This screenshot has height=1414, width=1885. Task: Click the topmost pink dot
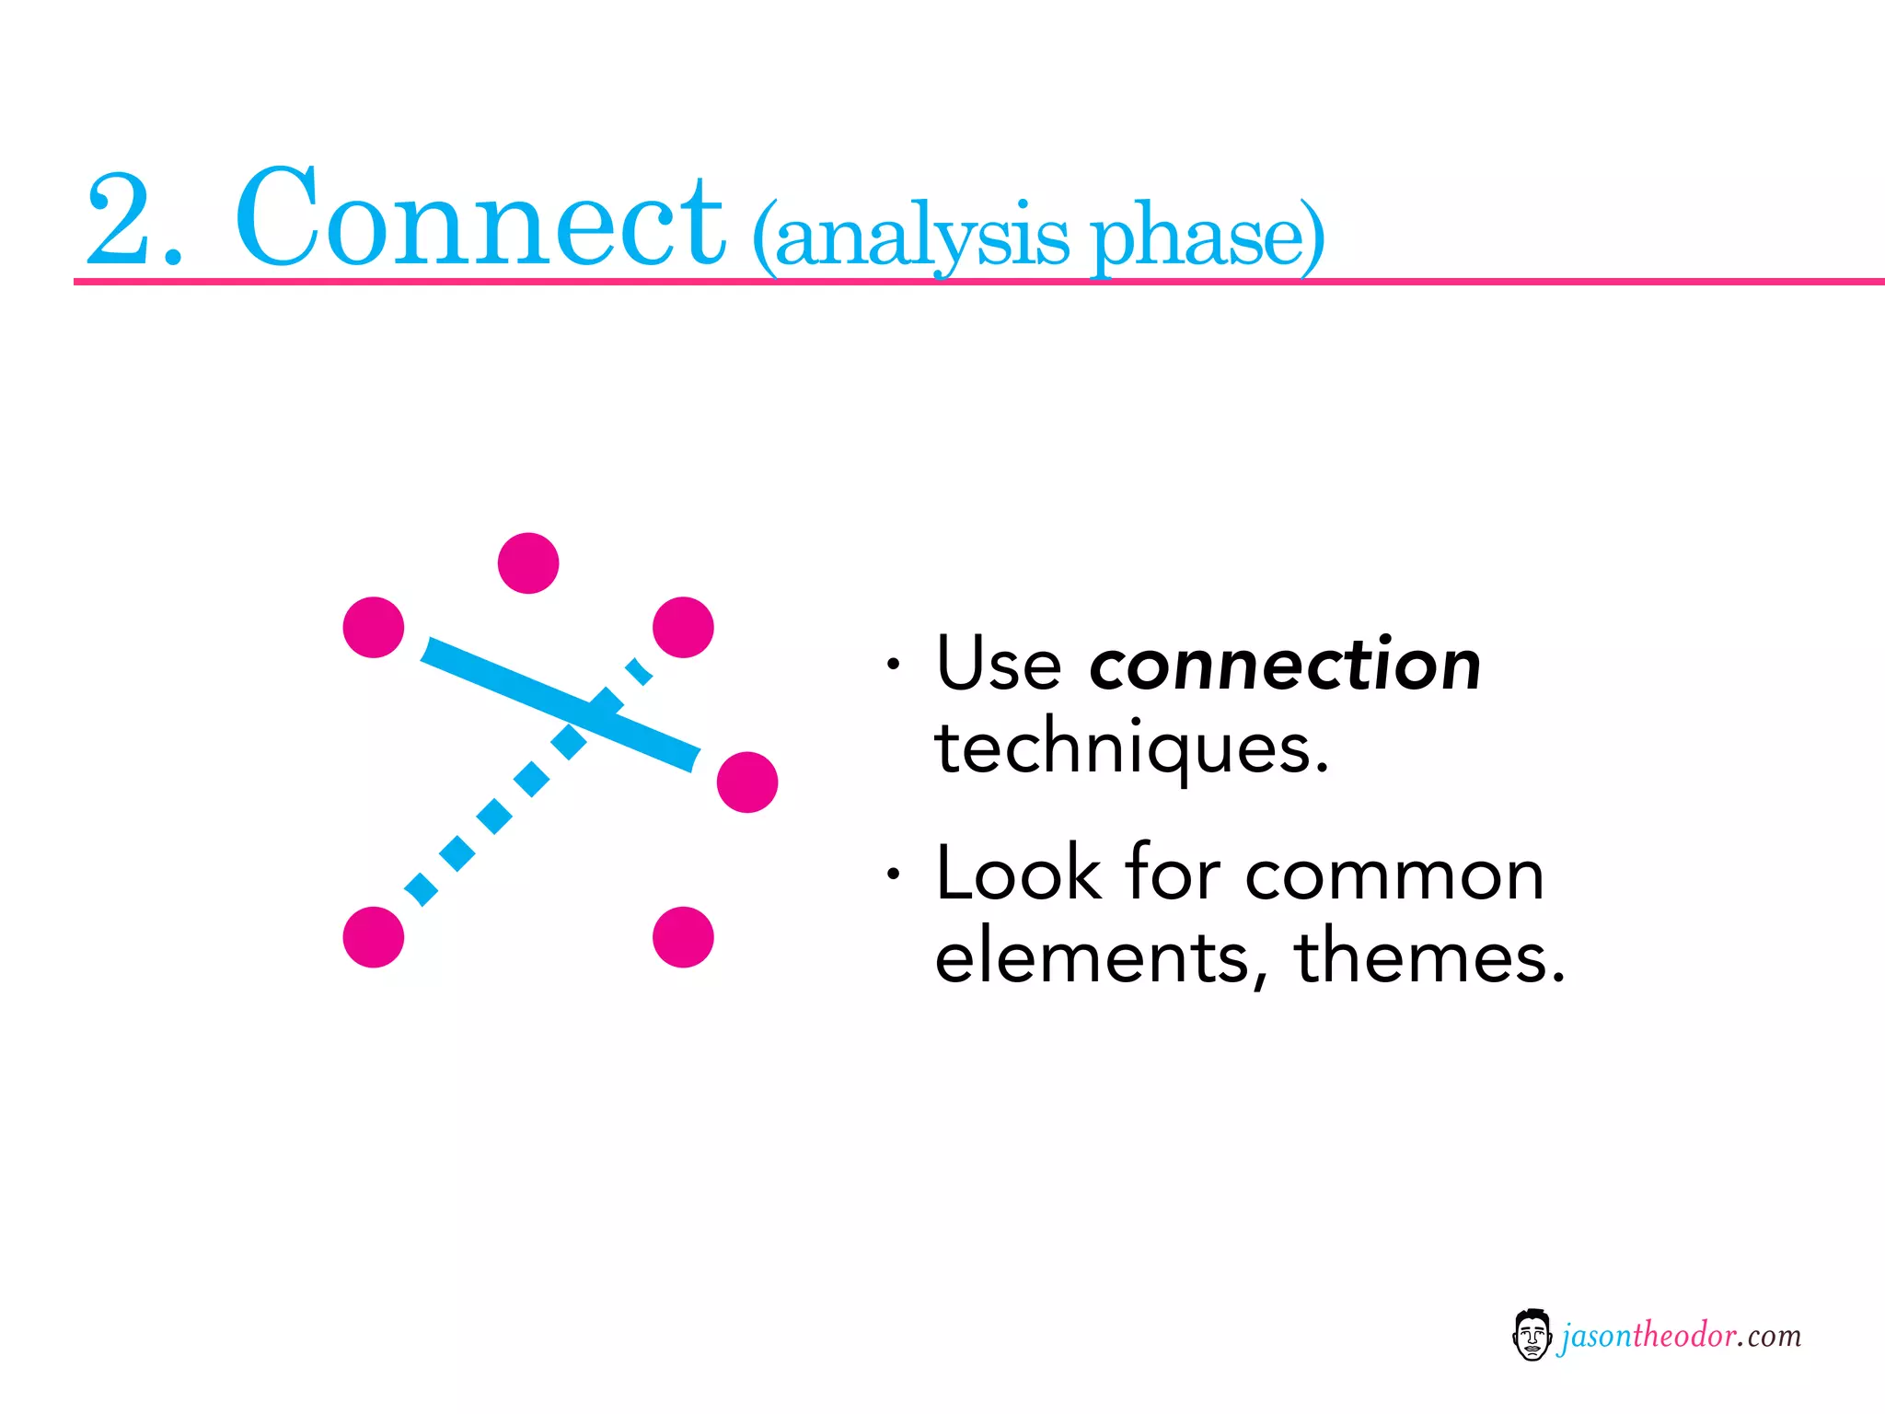point(528,562)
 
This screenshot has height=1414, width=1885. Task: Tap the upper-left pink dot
point(374,627)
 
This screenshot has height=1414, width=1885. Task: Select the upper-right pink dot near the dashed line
point(683,627)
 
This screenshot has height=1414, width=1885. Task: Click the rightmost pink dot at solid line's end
point(747,782)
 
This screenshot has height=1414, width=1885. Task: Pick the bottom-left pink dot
point(374,937)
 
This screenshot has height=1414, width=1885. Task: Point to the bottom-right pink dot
point(683,937)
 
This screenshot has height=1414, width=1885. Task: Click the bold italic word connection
point(1285,665)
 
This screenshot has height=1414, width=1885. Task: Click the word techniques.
point(1131,748)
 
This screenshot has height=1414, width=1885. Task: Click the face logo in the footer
point(1532,1335)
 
